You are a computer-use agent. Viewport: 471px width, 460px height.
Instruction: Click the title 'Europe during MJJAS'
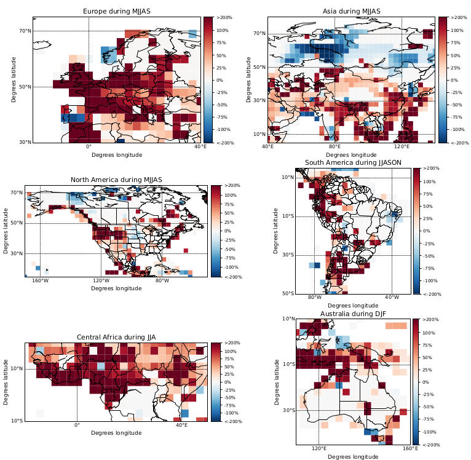117,11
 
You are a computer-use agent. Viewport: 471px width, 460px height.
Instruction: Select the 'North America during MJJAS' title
116,180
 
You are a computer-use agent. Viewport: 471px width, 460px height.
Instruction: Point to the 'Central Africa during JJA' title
116,337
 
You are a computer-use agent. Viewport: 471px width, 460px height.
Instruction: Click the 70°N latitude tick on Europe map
24,31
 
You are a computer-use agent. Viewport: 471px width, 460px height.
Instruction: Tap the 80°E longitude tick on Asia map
335,147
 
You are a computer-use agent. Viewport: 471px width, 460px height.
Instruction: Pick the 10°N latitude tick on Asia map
259,134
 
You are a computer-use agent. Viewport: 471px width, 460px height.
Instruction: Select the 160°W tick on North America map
40,281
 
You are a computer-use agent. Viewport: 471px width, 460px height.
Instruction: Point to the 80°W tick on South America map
314,298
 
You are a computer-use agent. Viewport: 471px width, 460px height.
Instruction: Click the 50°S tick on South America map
287,293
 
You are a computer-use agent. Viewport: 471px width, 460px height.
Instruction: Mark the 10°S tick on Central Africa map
17,421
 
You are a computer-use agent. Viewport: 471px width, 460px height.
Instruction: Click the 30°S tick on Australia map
287,410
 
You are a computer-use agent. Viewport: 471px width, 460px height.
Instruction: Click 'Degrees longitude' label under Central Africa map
116,433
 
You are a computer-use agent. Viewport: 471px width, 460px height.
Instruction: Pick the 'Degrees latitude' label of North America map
6,231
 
